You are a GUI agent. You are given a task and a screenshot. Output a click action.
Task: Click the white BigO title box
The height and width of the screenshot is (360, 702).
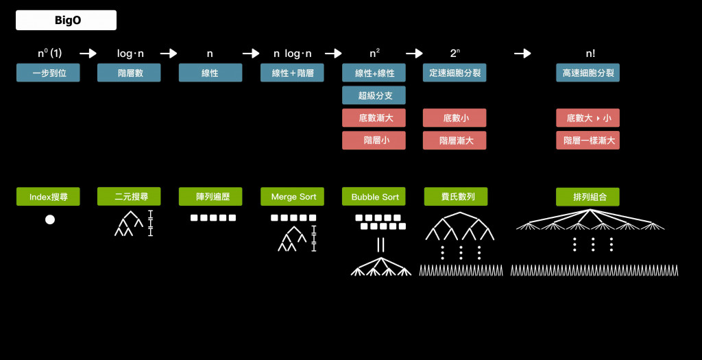[66, 20]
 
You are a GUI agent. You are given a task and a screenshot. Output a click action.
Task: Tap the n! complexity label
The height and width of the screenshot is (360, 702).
[590, 53]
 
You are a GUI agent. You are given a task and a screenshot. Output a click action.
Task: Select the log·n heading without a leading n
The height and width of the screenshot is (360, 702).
[130, 53]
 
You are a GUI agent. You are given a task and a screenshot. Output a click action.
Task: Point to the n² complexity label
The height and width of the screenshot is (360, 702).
[374, 53]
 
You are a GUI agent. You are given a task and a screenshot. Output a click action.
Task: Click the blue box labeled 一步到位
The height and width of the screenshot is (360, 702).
[48, 73]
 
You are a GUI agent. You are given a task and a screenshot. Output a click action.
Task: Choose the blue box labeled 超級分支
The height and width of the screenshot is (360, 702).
[374, 95]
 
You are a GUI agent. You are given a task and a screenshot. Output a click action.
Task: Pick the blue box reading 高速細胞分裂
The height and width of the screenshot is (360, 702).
[588, 73]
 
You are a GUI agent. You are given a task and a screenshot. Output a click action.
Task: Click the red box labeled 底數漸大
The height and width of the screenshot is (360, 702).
[374, 118]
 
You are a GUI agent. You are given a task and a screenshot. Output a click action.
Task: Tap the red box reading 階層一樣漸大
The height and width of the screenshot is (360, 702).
[588, 140]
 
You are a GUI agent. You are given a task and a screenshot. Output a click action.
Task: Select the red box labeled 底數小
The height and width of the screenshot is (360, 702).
[455, 118]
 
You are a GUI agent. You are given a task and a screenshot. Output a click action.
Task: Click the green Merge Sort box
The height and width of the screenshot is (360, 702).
[292, 197]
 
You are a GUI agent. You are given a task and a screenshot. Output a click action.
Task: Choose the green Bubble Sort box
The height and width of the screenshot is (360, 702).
[374, 197]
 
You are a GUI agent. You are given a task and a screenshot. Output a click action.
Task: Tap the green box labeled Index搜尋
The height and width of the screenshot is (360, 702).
[48, 197]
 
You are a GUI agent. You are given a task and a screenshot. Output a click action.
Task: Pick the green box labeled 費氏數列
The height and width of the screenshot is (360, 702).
[456, 197]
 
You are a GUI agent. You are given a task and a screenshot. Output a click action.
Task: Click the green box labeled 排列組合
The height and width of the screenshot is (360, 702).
[588, 197]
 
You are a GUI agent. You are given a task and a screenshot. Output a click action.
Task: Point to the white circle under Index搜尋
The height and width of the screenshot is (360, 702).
[50, 219]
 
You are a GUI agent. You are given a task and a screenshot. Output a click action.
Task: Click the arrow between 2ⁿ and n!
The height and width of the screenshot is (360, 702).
[522, 53]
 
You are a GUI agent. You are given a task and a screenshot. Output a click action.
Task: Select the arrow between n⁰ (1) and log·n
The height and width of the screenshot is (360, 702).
[88, 53]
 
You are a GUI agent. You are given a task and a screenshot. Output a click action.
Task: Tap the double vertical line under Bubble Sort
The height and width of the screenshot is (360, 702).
[381, 245]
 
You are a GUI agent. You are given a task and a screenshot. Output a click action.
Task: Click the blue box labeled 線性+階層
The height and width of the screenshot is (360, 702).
[292, 73]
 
